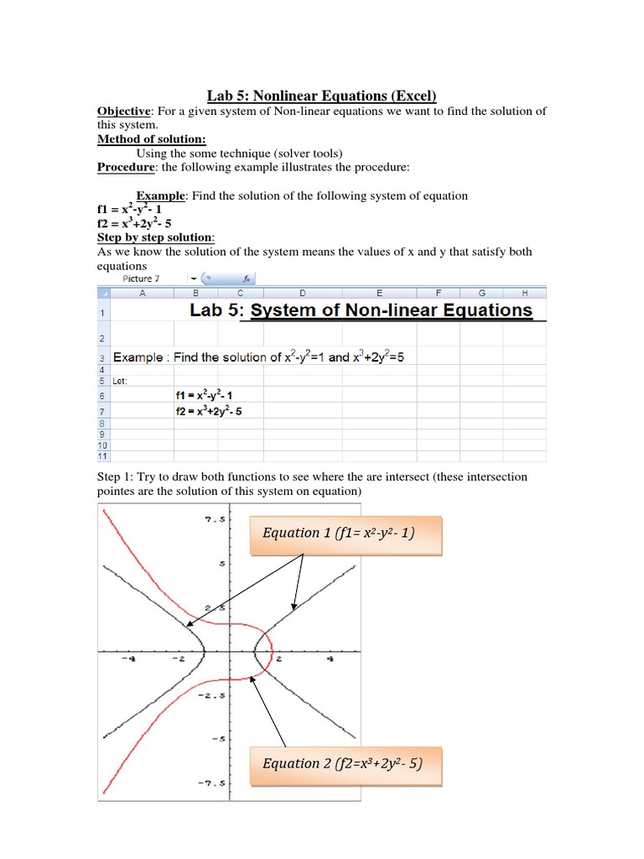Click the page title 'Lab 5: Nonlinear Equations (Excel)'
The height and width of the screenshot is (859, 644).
coord(322,96)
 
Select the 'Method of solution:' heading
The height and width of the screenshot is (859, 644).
coord(152,139)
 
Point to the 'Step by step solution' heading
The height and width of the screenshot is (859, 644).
coord(156,237)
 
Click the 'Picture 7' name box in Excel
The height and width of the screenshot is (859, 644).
coord(137,279)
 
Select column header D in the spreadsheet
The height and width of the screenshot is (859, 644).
coord(302,293)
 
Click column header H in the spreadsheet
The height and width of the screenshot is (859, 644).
coord(524,293)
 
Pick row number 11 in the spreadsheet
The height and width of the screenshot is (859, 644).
coord(102,456)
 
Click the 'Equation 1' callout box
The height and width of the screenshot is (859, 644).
coord(345,534)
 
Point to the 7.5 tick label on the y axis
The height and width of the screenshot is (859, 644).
coord(215,519)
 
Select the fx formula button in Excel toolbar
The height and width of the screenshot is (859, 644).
coord(247,279)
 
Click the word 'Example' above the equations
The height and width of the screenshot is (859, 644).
coord(164,195)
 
